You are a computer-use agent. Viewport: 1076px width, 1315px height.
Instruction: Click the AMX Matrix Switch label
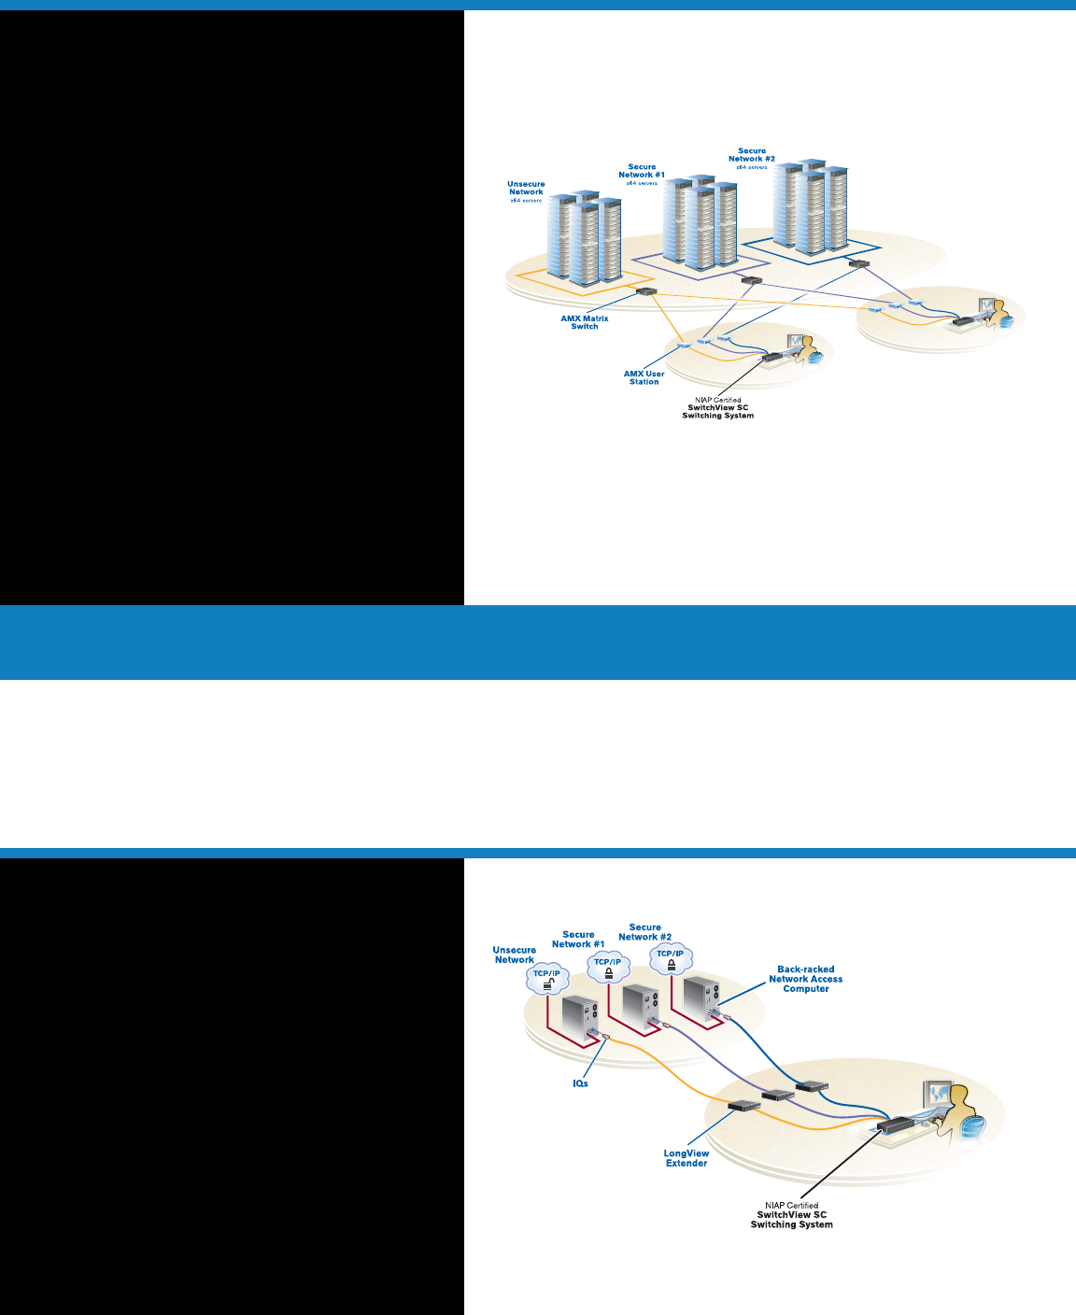coord(585,322)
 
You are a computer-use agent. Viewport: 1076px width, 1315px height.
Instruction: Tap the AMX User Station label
coord(644,377)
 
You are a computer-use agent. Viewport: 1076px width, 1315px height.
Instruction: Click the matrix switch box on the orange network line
coord(646,291)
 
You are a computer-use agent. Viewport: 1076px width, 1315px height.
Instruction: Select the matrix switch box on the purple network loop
coord(751,279)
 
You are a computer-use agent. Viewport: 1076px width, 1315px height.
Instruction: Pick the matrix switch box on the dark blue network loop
coord(858,264)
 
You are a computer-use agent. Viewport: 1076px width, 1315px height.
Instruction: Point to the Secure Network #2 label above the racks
coord(752,156)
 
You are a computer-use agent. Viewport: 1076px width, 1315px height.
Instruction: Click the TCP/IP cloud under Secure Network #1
coord(608,968)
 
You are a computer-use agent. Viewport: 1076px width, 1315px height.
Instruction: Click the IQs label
coord(580,1083)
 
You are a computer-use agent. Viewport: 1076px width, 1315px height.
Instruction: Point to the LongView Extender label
coord(687,1158)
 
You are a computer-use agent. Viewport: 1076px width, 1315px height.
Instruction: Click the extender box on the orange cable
coord(743,1107)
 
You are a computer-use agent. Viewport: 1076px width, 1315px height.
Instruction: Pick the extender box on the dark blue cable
coord(812,1085)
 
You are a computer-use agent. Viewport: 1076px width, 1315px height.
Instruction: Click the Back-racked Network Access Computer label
coord(805,979)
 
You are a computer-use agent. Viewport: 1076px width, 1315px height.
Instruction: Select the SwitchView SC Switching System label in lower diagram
coord(791,1220)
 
